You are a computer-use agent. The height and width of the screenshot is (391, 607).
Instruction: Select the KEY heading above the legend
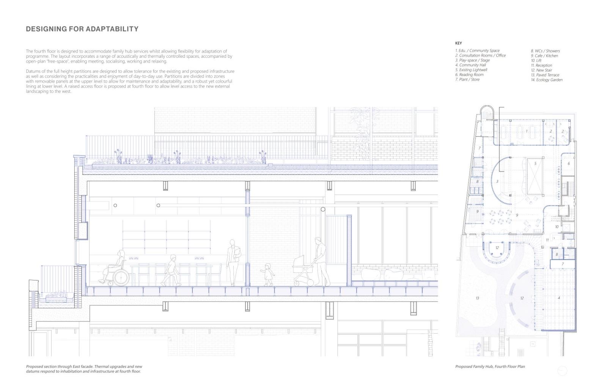[458, 43]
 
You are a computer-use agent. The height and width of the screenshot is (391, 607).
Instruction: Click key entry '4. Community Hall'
[470, 65]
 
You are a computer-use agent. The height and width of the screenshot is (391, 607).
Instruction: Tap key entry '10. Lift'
[536, 60]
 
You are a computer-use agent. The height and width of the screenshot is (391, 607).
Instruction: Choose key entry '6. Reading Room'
[469, 75]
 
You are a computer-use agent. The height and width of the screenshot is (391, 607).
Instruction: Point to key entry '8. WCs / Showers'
[545, 51]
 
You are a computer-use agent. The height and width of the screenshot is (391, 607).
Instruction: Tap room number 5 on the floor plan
[535, 164]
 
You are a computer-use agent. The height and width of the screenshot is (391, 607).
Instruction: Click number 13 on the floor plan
[477, 298]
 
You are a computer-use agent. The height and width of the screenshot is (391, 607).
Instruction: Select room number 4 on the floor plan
[558, 298]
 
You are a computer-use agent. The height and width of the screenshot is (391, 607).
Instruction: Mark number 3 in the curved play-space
[497, 182]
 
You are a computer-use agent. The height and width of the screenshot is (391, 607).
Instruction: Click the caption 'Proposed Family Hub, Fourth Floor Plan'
[490, 367]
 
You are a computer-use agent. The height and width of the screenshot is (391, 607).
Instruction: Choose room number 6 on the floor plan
[569, 164]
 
